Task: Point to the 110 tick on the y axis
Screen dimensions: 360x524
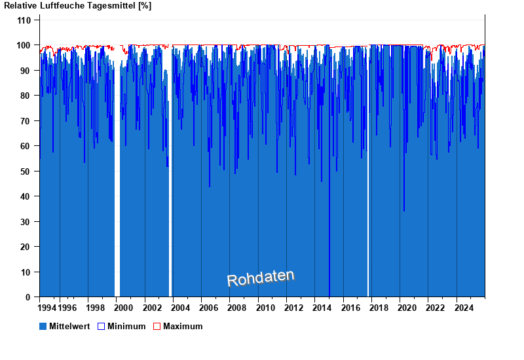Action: [24, 20]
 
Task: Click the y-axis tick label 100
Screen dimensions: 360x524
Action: [24, 45]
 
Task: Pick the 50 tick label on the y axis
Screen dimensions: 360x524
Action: [26, 171]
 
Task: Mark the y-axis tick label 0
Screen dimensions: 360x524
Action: [29, 297]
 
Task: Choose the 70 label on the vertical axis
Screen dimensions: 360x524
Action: [26, 121]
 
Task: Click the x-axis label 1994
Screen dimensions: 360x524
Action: [47, 308]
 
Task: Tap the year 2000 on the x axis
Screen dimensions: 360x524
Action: [124, 308]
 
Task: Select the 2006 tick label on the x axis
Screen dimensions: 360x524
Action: [209, 308]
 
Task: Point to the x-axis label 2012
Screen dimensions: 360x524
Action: [294, 308]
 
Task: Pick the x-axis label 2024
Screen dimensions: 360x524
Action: [464, 308]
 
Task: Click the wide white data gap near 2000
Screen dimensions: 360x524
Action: [117, 196]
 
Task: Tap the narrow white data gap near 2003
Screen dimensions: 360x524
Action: [170, 196]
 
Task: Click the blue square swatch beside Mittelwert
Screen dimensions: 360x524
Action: [43, 326]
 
